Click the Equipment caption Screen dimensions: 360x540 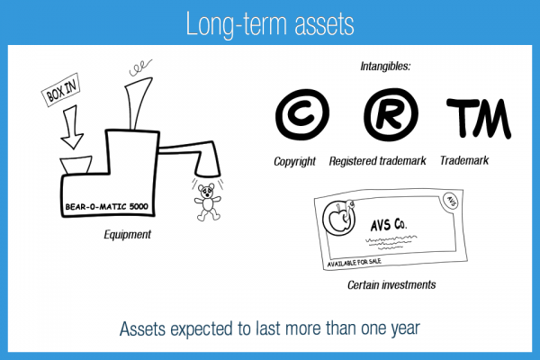click(x=128, y=235)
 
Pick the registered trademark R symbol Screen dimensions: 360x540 click(x=389, y=116)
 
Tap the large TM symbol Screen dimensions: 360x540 click(x=478, y=116)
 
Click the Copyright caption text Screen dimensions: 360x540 click(x=295, y=162)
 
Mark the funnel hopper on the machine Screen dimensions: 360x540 click(x=75, y=166)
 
